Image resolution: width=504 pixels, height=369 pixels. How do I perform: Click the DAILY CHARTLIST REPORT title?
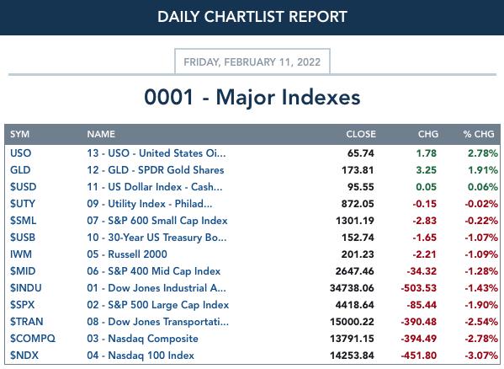click(252, 17)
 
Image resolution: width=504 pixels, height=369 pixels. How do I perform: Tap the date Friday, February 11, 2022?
click(252, 61)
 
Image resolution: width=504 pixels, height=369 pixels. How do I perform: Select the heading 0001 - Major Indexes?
click(252, 97)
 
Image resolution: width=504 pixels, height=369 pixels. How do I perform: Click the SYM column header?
click(19, 134)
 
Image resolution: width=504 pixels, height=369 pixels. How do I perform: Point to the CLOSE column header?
click(361, 134)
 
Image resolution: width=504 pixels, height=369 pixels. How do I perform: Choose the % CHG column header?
click(478, 134)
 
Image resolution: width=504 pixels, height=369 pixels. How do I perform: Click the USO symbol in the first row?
click(20, 153)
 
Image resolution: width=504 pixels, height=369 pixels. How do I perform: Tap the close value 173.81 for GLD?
click(358, 170)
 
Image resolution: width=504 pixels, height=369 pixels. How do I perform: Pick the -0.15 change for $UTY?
click(424, 204)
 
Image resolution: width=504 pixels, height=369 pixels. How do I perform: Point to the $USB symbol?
click(23, 238)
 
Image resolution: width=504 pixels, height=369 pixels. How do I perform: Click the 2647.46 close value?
click(354, 271)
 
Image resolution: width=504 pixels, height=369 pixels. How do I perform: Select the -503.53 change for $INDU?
click(418, 288)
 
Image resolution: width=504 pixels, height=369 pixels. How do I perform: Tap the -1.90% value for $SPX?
click(481, 305)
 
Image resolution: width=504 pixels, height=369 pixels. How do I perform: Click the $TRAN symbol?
click(26, 322)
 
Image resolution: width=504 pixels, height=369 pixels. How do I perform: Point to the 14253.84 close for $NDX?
click(352, 356)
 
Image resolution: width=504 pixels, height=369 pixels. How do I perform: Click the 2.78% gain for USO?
click(482, 153)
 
